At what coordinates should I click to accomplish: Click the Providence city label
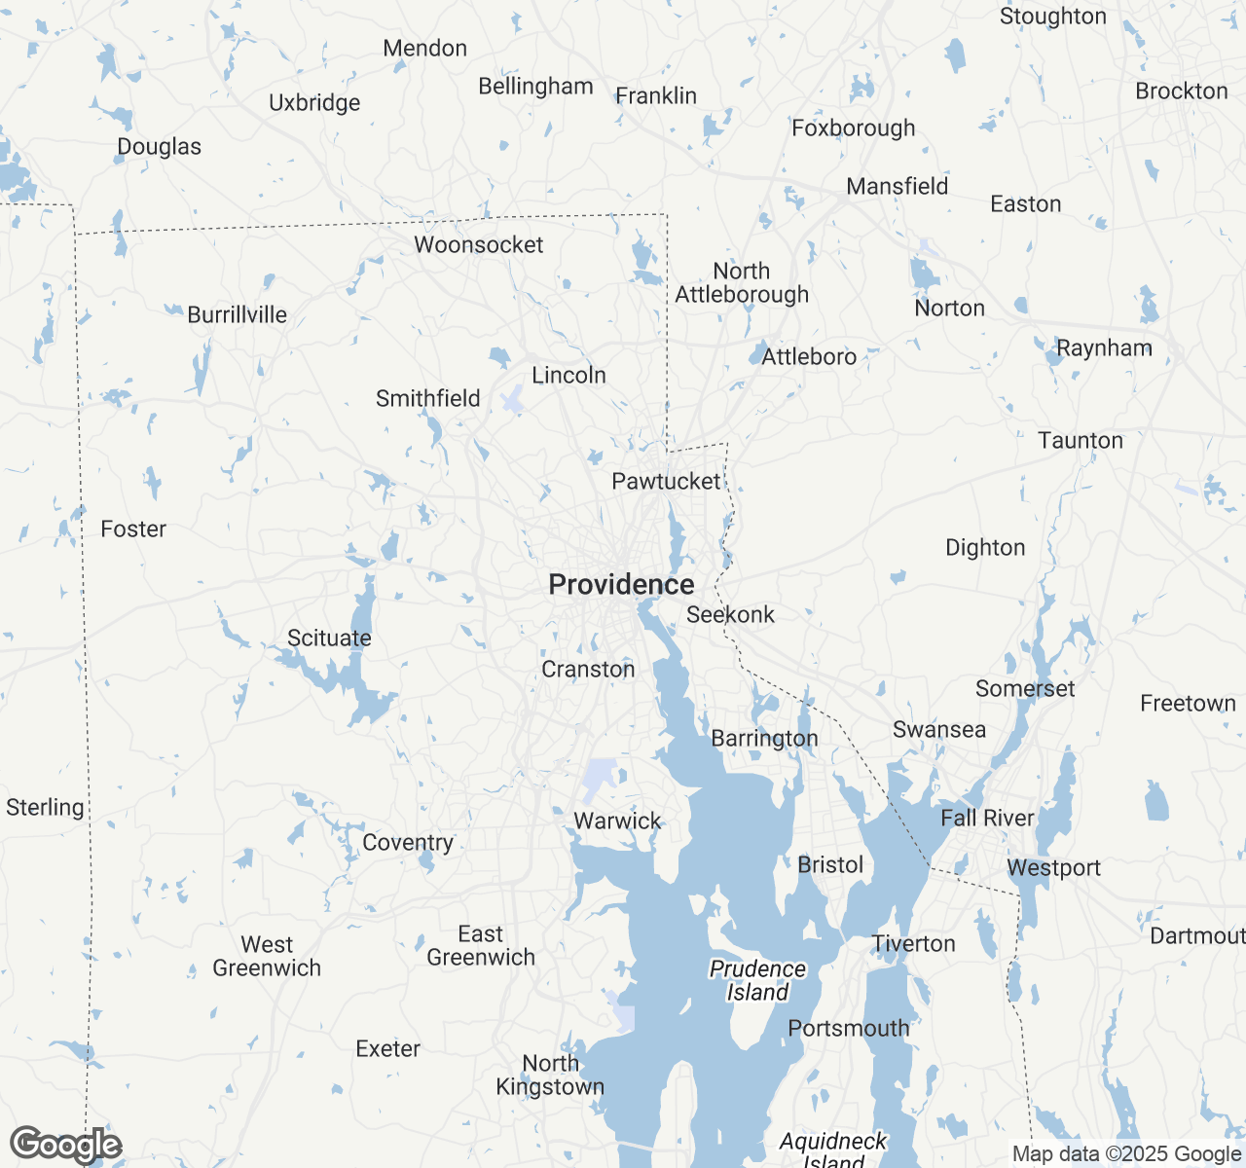(x=621, y=584)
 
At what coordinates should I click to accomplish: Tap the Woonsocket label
(x=478, y=244)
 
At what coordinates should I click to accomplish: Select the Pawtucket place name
(x=666, y=481)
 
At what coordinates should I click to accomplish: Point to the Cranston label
(x=588, y=669)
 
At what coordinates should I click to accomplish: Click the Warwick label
(x=617, y=821)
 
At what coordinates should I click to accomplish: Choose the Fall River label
(x=987, y=818)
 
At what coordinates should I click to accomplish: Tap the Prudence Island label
(x=757, y=980)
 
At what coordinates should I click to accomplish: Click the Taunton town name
(x=1080, y=440)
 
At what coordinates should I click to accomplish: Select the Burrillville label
(x=237, y=314)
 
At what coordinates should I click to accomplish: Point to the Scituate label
(x=329, y=638)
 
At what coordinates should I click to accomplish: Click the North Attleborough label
(x=742, y=282)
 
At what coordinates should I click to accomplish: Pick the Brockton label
(x=1181, y=91)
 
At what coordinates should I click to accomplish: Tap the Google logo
(x=65, y=1145)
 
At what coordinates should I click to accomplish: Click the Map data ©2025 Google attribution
(x=1126, y=1154)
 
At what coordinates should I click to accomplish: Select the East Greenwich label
(x=481, y=945)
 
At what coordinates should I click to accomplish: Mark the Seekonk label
(x=730, y=614)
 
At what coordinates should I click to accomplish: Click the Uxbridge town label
(x=314, y=102)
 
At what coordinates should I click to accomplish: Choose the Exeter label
(x=387, y=1048)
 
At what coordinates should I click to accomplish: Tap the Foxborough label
(x=853, y=128)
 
